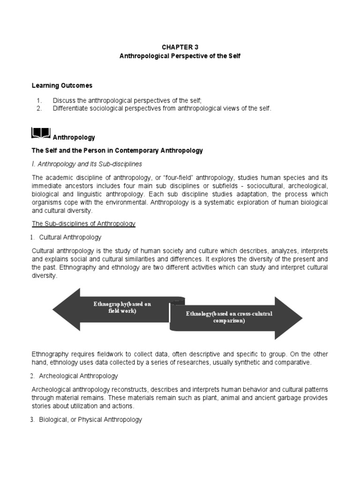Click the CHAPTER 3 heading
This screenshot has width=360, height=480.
coord(180,47)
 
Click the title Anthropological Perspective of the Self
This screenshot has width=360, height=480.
coord(180,56)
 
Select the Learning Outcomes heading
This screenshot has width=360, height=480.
coord(62,85)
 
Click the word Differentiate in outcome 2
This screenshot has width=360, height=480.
coord(70,108)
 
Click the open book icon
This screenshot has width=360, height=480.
coord(41,134)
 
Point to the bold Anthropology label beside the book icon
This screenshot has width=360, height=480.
coord(74,138)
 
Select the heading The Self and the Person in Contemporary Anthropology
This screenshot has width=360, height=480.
coord(117,150)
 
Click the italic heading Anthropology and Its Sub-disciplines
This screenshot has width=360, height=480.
coord(89,164)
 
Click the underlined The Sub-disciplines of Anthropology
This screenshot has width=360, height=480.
coord(83,224)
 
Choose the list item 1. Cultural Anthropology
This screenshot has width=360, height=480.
coord(70,238)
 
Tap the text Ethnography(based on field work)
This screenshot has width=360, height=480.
coord(122,307)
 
